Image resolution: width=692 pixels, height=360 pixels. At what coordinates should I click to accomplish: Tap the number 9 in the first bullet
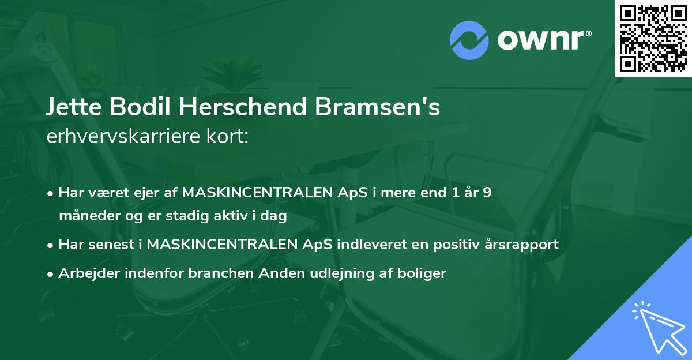click(487, 192)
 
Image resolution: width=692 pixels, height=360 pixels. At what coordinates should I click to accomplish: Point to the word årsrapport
click(523, 244)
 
